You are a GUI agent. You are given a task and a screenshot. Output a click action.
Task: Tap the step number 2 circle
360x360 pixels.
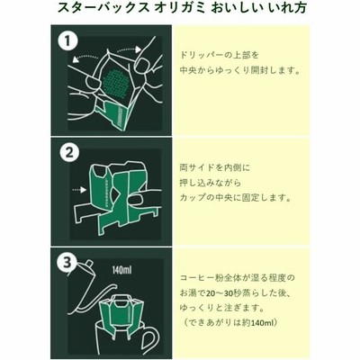69,153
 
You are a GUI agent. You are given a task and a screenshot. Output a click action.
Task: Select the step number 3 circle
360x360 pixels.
67,263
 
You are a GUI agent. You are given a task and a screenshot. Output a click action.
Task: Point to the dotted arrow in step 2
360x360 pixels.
79,190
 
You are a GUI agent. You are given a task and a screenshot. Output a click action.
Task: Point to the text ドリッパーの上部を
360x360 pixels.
219,56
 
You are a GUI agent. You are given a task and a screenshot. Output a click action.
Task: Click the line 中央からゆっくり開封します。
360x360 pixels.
240,71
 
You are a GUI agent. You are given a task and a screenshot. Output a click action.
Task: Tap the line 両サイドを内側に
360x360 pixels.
214,167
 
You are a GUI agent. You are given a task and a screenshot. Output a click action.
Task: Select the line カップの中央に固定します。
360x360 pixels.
236,198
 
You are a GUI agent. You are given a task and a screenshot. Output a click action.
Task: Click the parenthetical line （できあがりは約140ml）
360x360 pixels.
231,323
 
